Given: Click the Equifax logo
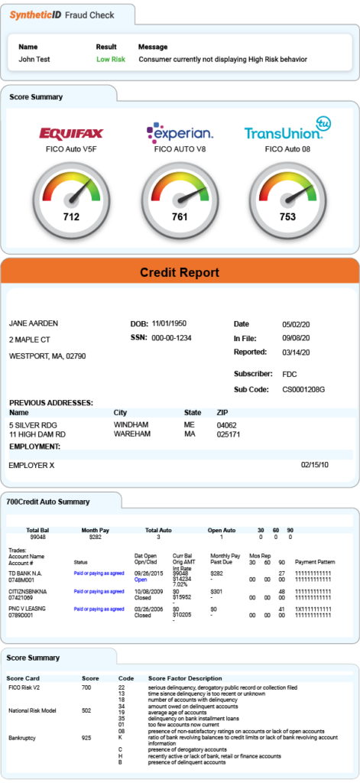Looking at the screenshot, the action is [71, 134].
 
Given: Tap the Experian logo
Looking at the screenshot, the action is [180, 133].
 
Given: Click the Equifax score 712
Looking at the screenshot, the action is [71, 216].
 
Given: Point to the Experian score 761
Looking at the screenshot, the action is [180, 216].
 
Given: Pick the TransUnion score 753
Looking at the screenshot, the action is [287, 216].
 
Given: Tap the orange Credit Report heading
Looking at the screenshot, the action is [180, 273].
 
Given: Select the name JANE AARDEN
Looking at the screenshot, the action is [33, 323].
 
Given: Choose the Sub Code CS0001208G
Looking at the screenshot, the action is [303, 389].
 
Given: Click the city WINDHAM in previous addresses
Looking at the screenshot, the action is [131, 424].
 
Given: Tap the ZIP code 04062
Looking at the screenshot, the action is [227, 424].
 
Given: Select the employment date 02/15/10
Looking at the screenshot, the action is [314, 465].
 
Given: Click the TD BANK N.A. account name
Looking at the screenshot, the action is [25, 573].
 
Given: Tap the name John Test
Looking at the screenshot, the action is [34, 59].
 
